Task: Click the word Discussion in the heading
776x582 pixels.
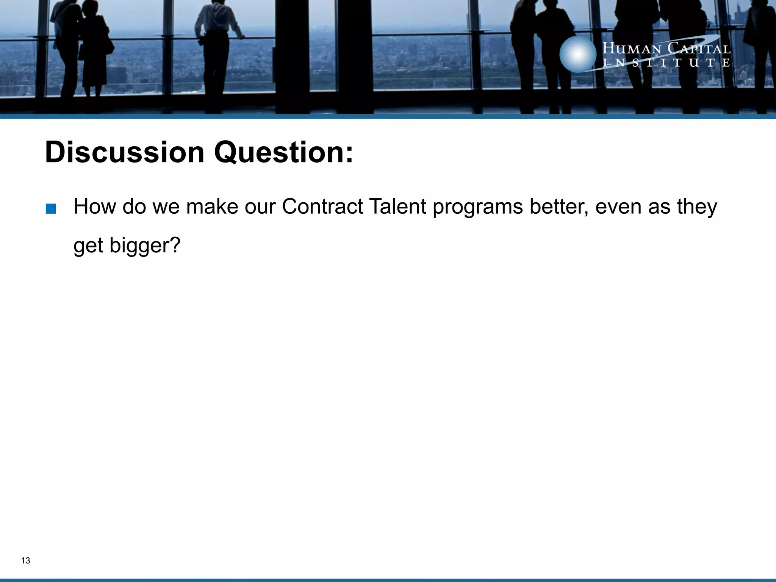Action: (x=125, y=152)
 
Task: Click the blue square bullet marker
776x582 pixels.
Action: (x=50, y=209)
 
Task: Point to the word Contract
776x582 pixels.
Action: (x=322, y=207)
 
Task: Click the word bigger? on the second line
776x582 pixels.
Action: (x=145, y=246)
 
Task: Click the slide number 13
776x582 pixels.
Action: (x=26, y=560)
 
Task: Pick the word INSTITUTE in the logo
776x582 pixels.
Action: (x=666, y=63)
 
